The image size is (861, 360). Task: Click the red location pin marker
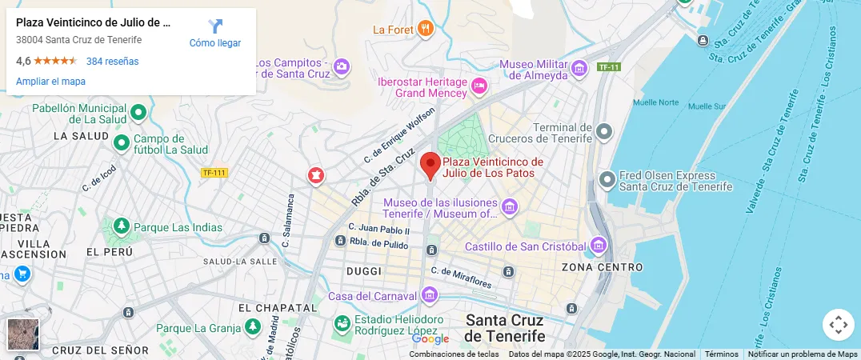pos(430,166)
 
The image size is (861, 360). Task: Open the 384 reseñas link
pos(112,62)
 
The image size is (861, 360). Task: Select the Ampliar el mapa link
pos(50,82)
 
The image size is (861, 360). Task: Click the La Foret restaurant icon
pos(425,30)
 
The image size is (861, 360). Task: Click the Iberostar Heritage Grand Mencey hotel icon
pos(479,86)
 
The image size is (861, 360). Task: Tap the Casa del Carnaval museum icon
pos(430,295)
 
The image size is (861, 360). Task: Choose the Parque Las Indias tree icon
pos(122,226)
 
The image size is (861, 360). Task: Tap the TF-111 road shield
pos(214,173)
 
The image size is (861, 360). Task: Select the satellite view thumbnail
pos(22,334)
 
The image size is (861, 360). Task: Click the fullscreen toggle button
pos(838,325)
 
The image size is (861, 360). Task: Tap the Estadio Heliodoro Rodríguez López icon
pos(342,324)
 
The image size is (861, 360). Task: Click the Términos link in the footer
pos(721,354)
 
